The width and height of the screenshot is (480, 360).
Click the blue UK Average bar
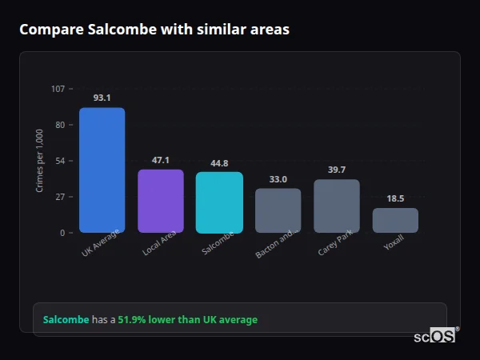pos(102,170)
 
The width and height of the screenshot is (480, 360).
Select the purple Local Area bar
pos(161,201)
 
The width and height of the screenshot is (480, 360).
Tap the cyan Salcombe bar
pos(219,202)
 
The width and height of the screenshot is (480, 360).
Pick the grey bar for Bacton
pos(278,210)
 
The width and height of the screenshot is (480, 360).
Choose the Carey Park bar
pos(337,206)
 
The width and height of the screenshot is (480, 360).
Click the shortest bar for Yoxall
pos(395,220)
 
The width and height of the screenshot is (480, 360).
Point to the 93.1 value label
pos(102,98)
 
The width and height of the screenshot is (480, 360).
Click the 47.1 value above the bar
pos(161,160)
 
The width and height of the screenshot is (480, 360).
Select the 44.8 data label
pos(219,163)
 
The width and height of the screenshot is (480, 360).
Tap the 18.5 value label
pos(395,198)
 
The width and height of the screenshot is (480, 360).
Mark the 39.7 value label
pos(337,170)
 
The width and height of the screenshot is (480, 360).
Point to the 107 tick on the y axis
pos(58,89)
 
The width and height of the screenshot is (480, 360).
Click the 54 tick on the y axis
pos(60,161)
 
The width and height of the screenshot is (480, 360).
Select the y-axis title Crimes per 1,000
pos(39,161)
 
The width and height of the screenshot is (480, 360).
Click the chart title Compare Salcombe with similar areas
pos(154,30)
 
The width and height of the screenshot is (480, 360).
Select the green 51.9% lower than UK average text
pos(187,320)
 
